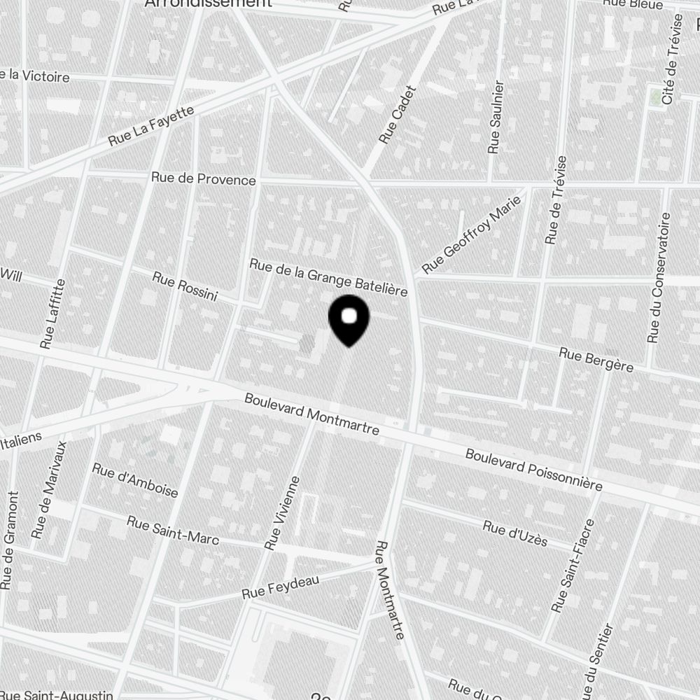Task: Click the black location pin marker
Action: tap(349, 319)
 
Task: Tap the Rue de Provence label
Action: tap(204, 180)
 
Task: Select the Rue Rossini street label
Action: tap(185, 288)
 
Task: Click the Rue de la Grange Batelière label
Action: tap(328, 277)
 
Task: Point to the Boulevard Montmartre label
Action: tap(311, 414)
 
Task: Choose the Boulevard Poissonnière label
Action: tap(534, 470)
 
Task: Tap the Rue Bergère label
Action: tap(596, 360)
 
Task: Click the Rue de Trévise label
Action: tap(556, 199)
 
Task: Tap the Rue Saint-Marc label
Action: tap(173, 531)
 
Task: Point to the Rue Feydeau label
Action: tap(280, 587)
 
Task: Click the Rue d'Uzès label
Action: tap(515, 534)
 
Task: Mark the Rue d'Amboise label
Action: tap(135, 479)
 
